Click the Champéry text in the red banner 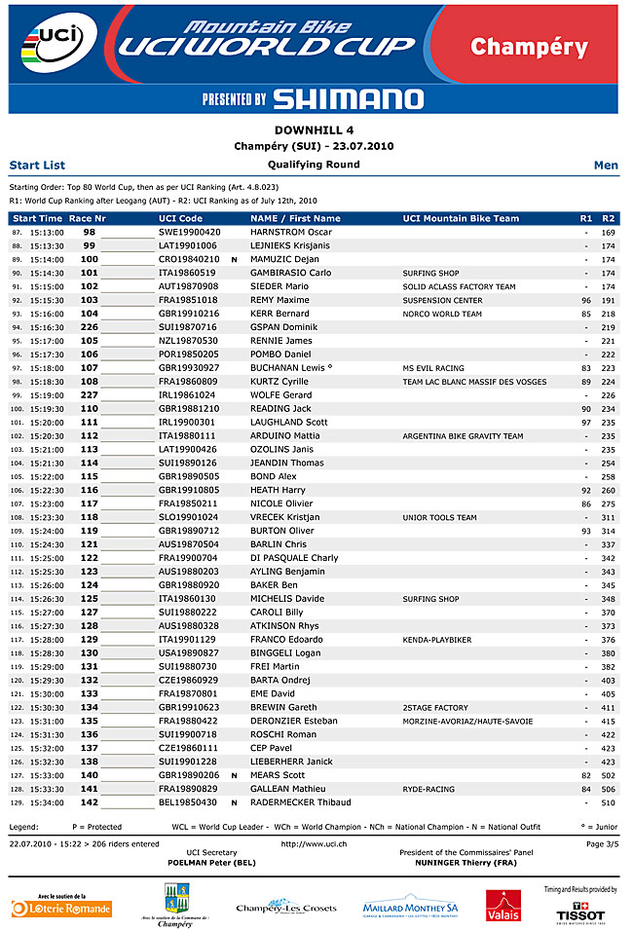tap(529, 47)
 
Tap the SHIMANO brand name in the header tap(348, 98)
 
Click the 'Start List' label tap(37, 166)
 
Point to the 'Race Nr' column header tap(88, 219)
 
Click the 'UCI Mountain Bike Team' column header tap(461, 219)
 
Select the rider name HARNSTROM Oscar tap(291, 233)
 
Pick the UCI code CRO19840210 tap(189, 260)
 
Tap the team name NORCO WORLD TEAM tap(442, 315)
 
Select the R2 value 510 tap(608, 802)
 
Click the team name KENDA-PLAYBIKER tap(436, 640)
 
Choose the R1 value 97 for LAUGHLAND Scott tap(586, 424)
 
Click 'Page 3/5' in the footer tap(601, 844)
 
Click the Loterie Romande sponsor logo tap(61, 907)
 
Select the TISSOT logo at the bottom tap(580, 913)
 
